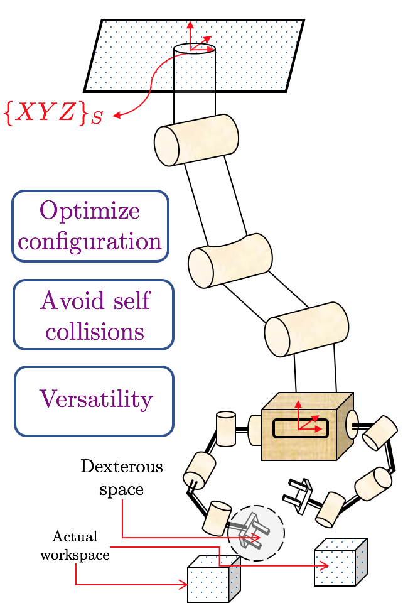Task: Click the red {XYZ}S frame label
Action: pyautogui.click(x=53, y=114)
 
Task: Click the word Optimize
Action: pyautogui.click(x=90, y=210)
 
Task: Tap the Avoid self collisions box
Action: pyautogui.click(x=94, y=315)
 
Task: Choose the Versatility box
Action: pyautogui.click(x=94, y=401)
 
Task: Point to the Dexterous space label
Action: pyautogui.click(x=122, y=477)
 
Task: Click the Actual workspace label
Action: pyautogui.click(x=75, y=545)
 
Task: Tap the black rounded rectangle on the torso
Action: pyautogui.click(x=300, y=428)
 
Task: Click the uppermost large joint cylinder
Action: pyautogui.click(x=196, y=140)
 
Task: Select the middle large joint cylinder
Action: pyautogui.click(x=230, y=260)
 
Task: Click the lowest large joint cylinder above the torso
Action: pyautogui.click(x=306, y=328)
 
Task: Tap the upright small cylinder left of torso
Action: pyautogui.click(x=225, y=429)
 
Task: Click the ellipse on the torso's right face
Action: pyautogui.click(x=352, y=425)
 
